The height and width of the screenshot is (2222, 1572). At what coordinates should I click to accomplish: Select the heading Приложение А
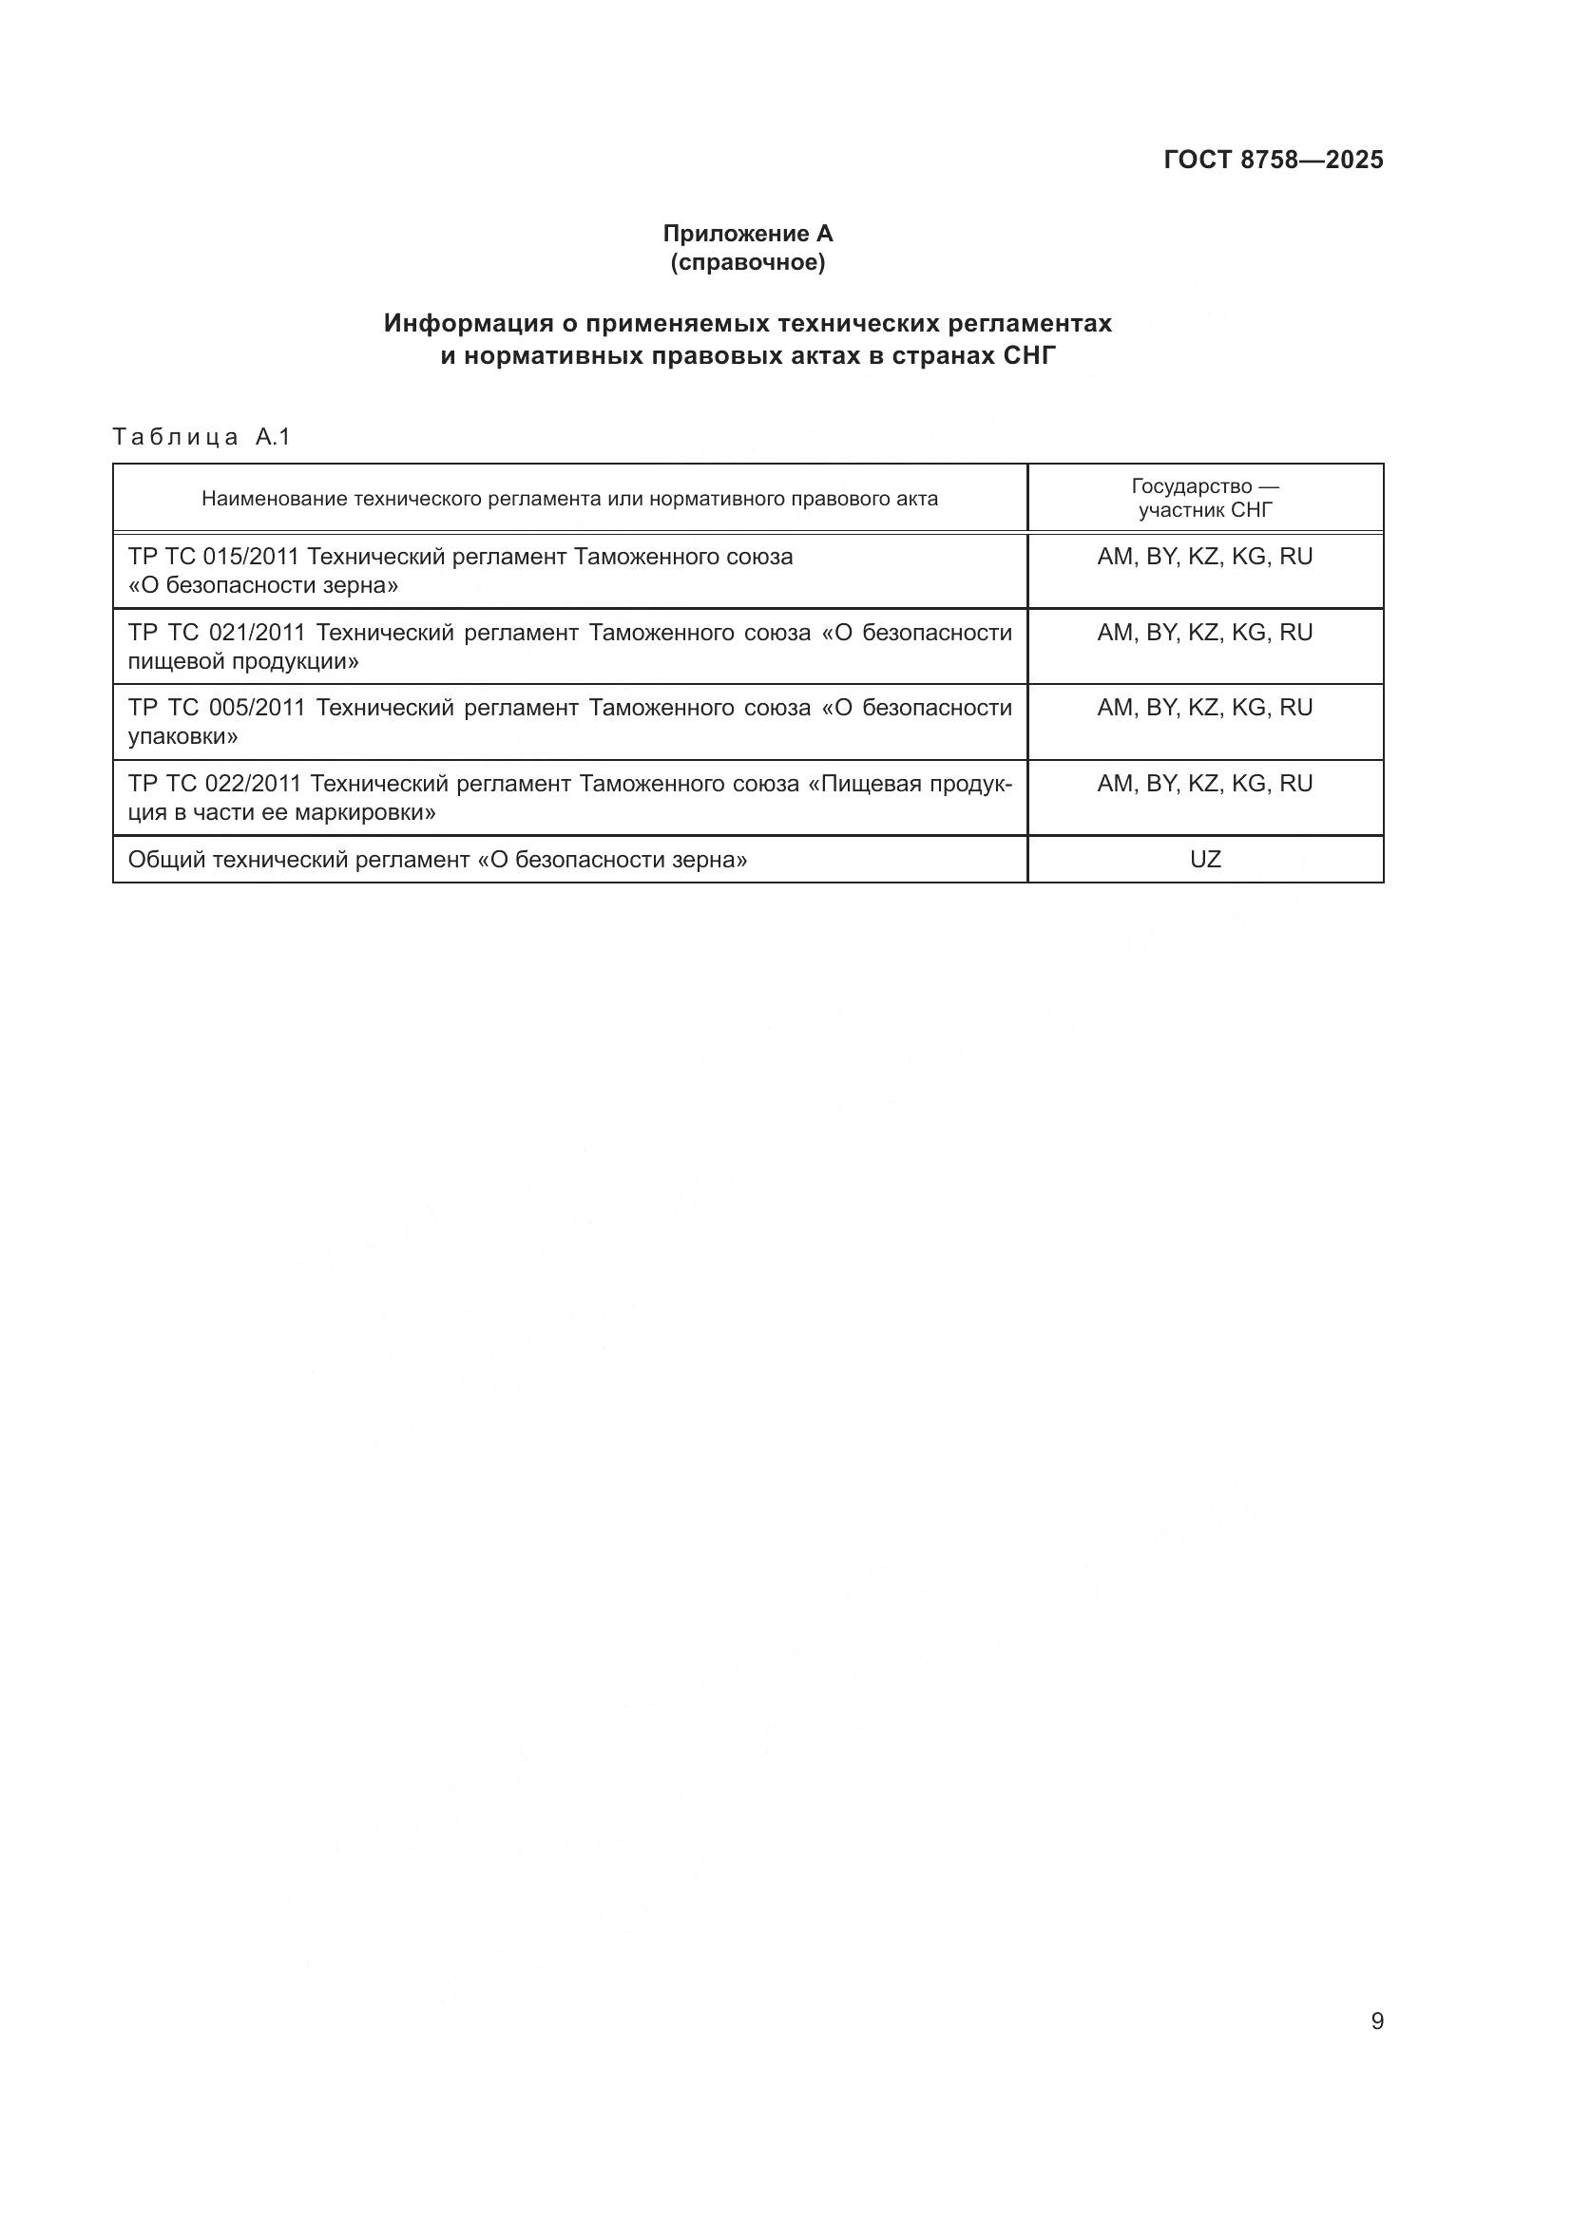click(x=747, y=234)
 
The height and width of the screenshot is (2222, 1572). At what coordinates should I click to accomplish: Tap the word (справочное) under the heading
click(x=747, y=262)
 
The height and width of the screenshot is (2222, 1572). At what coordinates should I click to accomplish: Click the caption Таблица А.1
click(x=201, y=437)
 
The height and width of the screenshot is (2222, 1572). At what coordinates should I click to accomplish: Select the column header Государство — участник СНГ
click(x=1205, y=499)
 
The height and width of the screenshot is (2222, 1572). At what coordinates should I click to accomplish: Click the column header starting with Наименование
click(x=569, y=500)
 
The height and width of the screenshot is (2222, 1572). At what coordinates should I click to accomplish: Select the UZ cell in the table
click(x=1205, y=860)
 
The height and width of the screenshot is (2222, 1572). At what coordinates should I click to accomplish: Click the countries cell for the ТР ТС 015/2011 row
click(x=1205, y=558)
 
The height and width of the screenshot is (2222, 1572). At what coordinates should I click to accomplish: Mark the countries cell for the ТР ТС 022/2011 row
click(x=1205, y=784)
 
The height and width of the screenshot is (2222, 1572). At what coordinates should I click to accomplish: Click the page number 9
click(x=1376, y=2022)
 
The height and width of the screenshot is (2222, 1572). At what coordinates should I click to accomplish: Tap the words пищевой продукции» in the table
click(x=243, y=661)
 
